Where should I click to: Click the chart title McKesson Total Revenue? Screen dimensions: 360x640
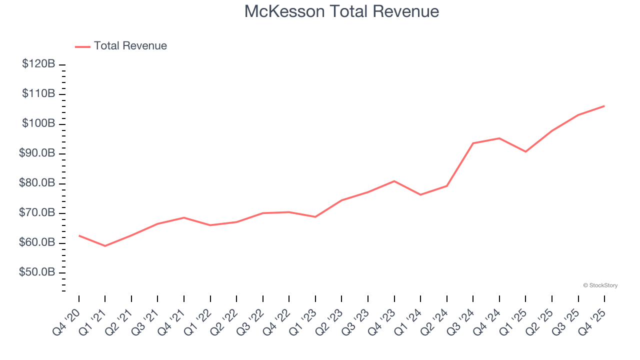pyautogui.click(x=341, y=11)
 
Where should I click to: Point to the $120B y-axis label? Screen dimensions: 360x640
pyautogui.click(x=38, y=64)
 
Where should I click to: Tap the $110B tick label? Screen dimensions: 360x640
pyautogui.click(x=38, y=93)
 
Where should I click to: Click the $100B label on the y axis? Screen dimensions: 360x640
pyautogui.click(x=38, y=123)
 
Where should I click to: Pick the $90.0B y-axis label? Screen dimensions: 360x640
pyautogui.click(x=37, y=153)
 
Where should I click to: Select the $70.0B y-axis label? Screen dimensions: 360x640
pyautogui.click(x=37, y=213)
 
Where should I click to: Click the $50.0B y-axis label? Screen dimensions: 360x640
pyautogui.click(x=37, y=272)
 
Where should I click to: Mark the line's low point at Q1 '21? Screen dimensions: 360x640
pyautogui.click(x=105, y=246)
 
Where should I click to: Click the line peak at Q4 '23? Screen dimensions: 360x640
pyautogui.click(x=394, y=181)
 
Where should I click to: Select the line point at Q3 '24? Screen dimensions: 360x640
pyautogui.click(x=473, y=143)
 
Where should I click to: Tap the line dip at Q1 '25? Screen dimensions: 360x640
pyautogui.click(x=525, y=151)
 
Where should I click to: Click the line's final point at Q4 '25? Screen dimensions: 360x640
pyautogui.click(x=604, y=106)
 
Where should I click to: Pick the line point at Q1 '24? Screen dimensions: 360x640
pyautogui.click(x=420, y=194)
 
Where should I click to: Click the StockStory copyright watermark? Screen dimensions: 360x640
pyautogui.click(x=600, y=285)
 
